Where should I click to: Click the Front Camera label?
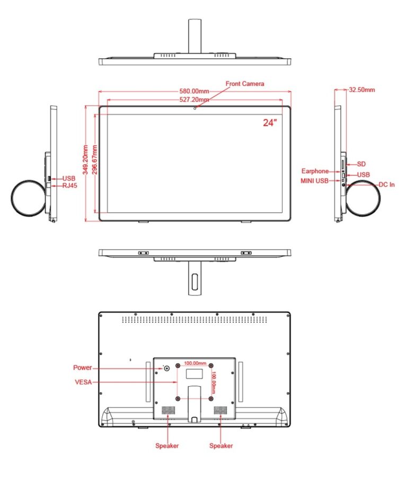(x=244, y=84)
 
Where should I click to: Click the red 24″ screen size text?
(x=270, y=122)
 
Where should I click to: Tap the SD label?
(x=361, y=164)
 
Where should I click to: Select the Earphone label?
(x=315, y=171)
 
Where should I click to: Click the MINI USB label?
(x=313, y=182)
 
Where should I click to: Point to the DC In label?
(x=386, y=185)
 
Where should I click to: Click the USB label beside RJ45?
(x=69, y=178)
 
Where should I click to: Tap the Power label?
(x=82, y=367)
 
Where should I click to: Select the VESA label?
(x=82, y=382)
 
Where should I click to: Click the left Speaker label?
(x=167, y=445)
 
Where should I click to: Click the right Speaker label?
(x=221, y=445)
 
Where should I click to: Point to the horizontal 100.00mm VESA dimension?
(x=195, y=364)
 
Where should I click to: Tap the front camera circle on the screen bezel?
(x=195, y=109)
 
